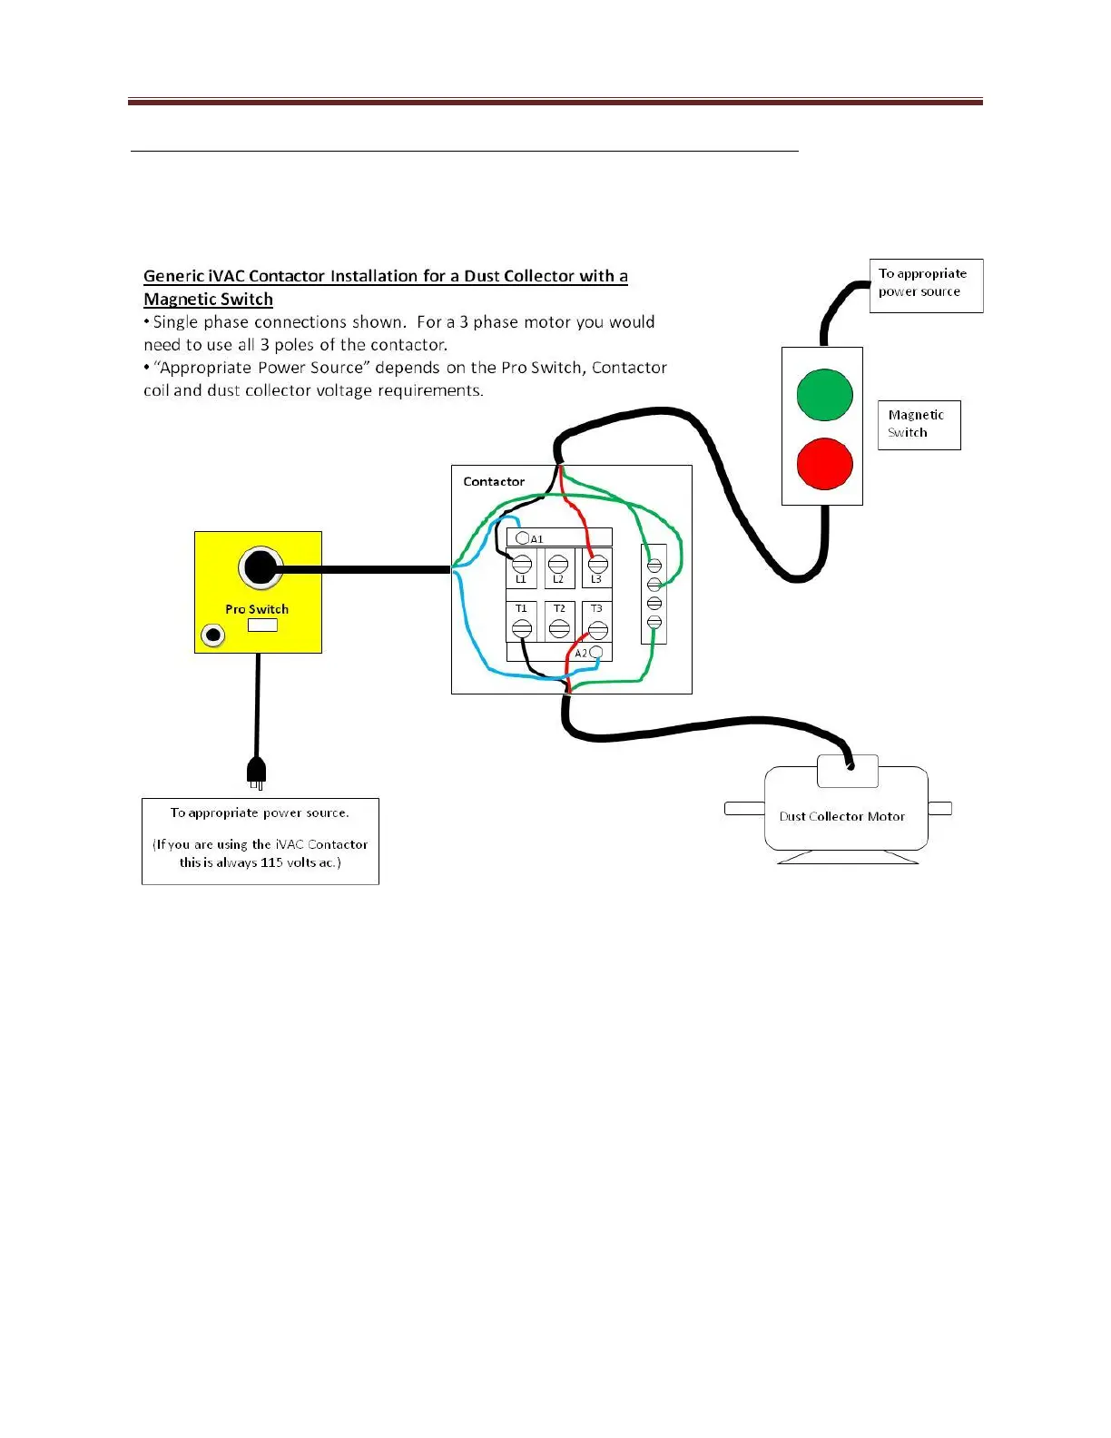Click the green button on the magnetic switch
pos(824,395)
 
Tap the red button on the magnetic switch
pos(824,463)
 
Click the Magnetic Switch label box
pos(918,424)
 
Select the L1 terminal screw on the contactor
pos(522,565)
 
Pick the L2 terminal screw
pos(559,565)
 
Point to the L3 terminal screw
pos(597,565)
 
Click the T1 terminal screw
pos(522,627)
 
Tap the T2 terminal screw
pos(559,627)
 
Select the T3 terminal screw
pos(597,627)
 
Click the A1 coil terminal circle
pos(522,538)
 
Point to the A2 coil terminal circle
pos(596,653)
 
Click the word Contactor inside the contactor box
pos(494,482)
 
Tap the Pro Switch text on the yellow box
pos(257,609)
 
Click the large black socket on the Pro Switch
pos(261,568)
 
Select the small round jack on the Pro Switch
pos(213,635)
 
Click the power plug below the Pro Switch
pos(257,773)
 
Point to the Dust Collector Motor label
pos(841,816)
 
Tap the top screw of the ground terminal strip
pos(654,566)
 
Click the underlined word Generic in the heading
pos(173,276)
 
